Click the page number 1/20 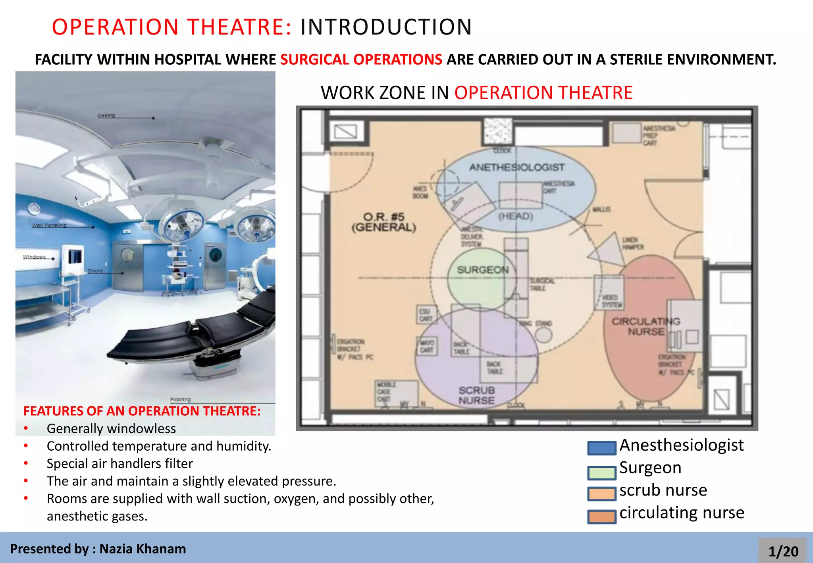point(783,551)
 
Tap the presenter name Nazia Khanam point(143,549)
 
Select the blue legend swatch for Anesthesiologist point(601,448)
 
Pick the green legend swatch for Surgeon point(601,472)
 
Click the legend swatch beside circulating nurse point(601,517)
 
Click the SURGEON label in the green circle point(482,270)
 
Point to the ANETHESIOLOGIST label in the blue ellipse point(516,167)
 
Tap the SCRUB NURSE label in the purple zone point(476,395)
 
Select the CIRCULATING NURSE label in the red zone point(645,326)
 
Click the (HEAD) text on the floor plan point(515,216)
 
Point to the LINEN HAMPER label point(632,243)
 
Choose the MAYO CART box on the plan point(427,346)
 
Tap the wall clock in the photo point(34,208)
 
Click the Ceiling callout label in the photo point(106,116)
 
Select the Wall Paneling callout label point(49,225)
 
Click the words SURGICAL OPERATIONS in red point(361,60)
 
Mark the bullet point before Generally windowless point(26,428)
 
